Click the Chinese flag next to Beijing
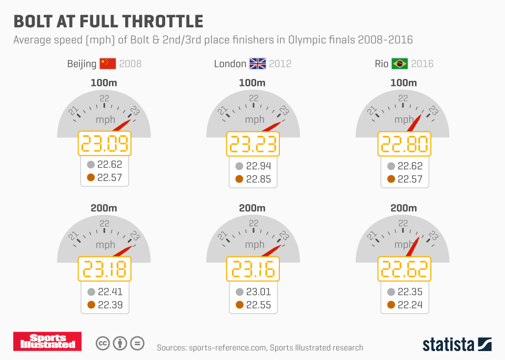(107, 64)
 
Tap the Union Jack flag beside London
(258, 64)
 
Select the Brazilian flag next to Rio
(399, 64)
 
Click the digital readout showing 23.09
(104, 144)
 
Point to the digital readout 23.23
(253, 144)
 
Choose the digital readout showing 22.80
(403, 144)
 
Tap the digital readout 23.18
(104, 269)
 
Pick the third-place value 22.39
(109, 305)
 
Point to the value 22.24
(410, 305)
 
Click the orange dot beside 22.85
(239, 179)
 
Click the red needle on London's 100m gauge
(274, 126)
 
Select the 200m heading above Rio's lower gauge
(403, 208)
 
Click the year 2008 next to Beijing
(130, 64)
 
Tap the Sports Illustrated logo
(47, 342)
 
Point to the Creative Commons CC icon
(102, 344)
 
